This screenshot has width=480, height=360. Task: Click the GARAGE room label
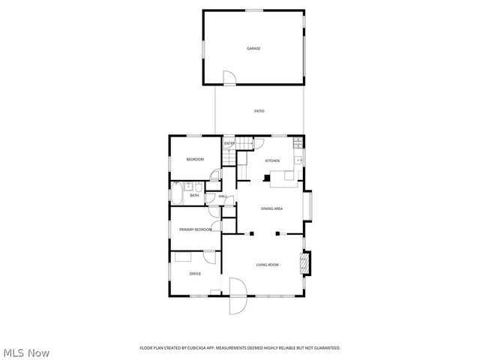point(253,49)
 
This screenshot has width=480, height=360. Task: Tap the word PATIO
point(259,111)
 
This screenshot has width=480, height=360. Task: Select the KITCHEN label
point(272,160)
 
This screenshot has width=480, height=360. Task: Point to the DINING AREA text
point(271,208)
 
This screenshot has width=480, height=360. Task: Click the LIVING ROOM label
point(268,265)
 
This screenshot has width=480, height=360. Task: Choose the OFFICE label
point(195,274)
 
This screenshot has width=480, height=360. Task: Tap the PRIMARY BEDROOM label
point(195,229)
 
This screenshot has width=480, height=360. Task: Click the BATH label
point(193,196)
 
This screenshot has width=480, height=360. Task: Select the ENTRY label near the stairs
point(229,143)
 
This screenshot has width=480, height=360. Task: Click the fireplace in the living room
point(304,263)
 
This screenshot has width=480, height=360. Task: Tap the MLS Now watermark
point(25,352)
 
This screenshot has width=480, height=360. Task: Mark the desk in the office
point(184,256)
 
